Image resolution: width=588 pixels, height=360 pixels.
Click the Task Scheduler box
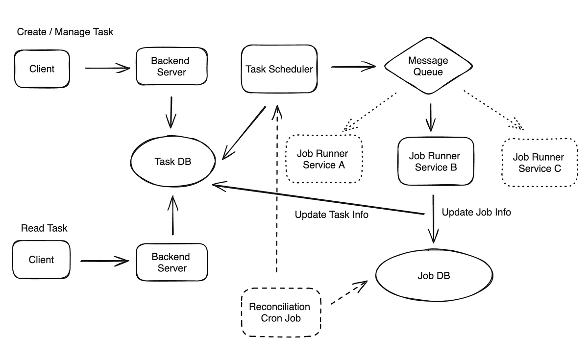pyautogui.click(x=279, y=69)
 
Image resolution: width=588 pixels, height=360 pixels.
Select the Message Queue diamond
pyautogui.click(x=428, y=66)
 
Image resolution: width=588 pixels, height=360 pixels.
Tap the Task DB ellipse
pyautogui.click(x=172, y=162)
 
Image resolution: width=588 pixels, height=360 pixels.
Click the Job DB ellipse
pyautogui.click(x=434, y=276)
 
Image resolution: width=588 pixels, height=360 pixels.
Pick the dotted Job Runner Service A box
pyautogui.click(x=323, y=159)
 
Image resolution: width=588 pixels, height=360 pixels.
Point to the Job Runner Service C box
pyautogui.click(x=539, y=163)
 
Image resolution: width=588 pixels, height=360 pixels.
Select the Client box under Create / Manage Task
pyautogui.click(x=42, y=69)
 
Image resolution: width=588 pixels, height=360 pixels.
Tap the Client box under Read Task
pyautogui.click(x=42, y=260)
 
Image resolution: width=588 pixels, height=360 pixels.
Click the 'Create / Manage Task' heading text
pyautogui.click(x=65, y=32)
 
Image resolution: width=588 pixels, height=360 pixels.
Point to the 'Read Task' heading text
pyautogui.click(x=44, y=228)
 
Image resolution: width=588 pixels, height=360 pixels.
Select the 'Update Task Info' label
pyautogui.click(x=331, y=215)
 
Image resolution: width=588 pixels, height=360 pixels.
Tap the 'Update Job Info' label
pyautogui.click(x=476, y=212)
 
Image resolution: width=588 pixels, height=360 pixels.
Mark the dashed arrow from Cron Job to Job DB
pyautogui.click(x=349, y=293)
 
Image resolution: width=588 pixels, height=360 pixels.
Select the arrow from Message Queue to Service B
pyautogui.click(x=430, y=118)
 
